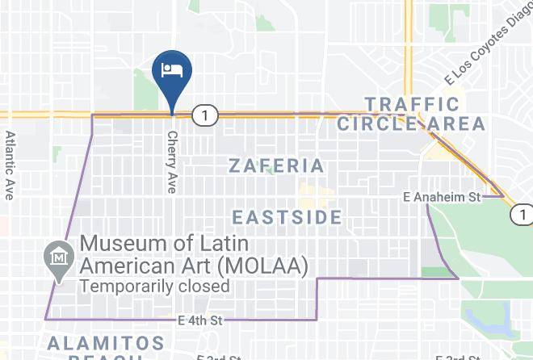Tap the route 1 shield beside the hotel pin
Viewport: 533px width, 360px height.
point(206,116)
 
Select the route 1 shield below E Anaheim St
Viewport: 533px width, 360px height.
point(522,215)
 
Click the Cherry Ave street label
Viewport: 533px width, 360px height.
point(171,161)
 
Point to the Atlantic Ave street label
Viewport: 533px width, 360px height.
point(10,165)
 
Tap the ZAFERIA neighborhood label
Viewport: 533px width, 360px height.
point(276,166)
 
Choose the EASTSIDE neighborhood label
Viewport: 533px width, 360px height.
point(287,217)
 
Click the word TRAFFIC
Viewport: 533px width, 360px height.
point(412,104)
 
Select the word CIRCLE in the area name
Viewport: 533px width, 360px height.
point(377,124)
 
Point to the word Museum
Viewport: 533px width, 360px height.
point(125,242)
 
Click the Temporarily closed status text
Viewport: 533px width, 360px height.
point(154,286)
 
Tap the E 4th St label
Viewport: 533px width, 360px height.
point(200,320)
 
